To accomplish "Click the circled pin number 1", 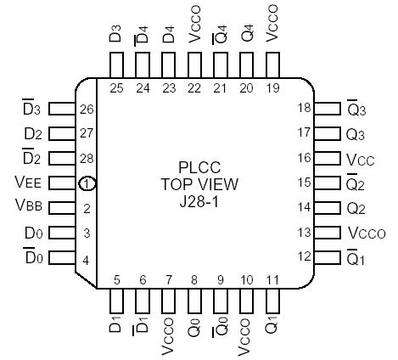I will point(87,183).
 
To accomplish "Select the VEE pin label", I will point(28,182).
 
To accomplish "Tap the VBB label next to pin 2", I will point(28,207).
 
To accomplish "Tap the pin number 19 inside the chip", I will point(273,87).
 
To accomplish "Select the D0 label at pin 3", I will point(32,232).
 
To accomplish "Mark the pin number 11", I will point(273,278).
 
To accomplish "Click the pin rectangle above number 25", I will point(116,65).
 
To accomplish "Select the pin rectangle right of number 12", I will point(325,256).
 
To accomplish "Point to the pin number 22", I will point(194,87).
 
